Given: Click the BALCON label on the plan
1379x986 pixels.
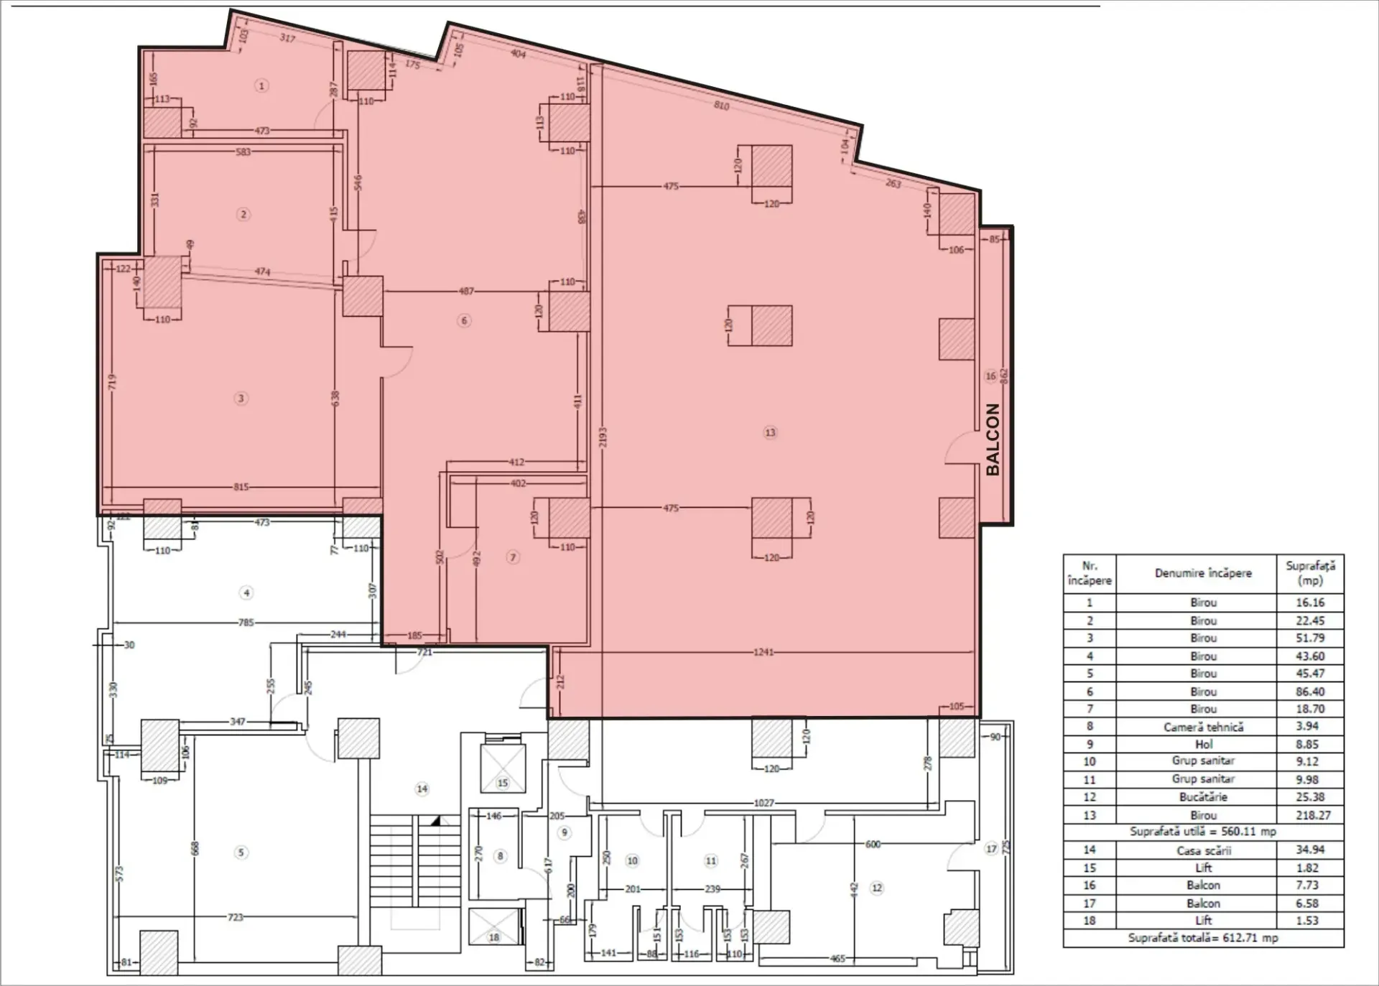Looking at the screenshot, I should pyautogui.click(x=993, y=439).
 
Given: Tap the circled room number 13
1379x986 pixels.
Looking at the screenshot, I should pyautogui.click(x=770, y=432).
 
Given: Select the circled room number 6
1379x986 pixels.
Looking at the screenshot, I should pyautogui.click(x=464, y=320).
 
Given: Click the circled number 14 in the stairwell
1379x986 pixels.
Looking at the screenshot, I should pyautogui.click(x=422, y=789).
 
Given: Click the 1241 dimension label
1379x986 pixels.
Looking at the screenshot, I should pyautogui.click(x=763, y=652).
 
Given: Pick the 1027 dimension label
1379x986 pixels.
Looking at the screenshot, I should pyautogui.click(x=764, y=803).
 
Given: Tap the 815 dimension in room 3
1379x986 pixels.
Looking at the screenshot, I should pyautogui.click(x=241, y=487).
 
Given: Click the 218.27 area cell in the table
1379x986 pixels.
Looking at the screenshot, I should pyautogui.click(x=1310, y=815).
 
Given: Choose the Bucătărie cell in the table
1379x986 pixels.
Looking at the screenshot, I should pyautogui.click(x=1203, y=797).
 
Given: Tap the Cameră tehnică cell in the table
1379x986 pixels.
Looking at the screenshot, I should pyautogui.click(x=1203, y=727).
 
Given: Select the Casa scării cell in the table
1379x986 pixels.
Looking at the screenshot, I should pyautogui.click(x=1203, y=850).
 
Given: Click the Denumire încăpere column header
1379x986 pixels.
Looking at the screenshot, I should pyautogui.click(x=1203, y=573).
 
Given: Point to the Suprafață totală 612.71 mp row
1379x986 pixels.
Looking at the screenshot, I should pyautogui.click(x=1203, y=938).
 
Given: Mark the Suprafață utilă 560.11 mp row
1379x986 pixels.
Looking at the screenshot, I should pyautogui.click(x=1203, y=832).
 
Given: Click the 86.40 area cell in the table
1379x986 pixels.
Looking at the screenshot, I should pyautogui.click(x=1310, y=692).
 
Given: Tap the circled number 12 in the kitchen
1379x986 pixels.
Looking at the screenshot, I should pyautogui.click(x=876, y=888).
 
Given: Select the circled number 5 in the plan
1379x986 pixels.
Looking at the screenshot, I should pyautogui.click(x=241, y=852).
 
